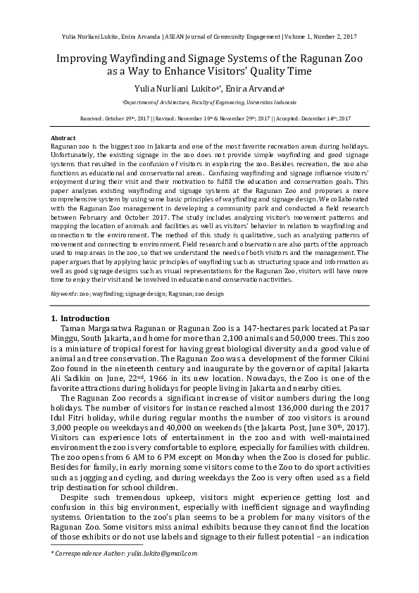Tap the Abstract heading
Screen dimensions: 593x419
64,137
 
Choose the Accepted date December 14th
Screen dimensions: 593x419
330,119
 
